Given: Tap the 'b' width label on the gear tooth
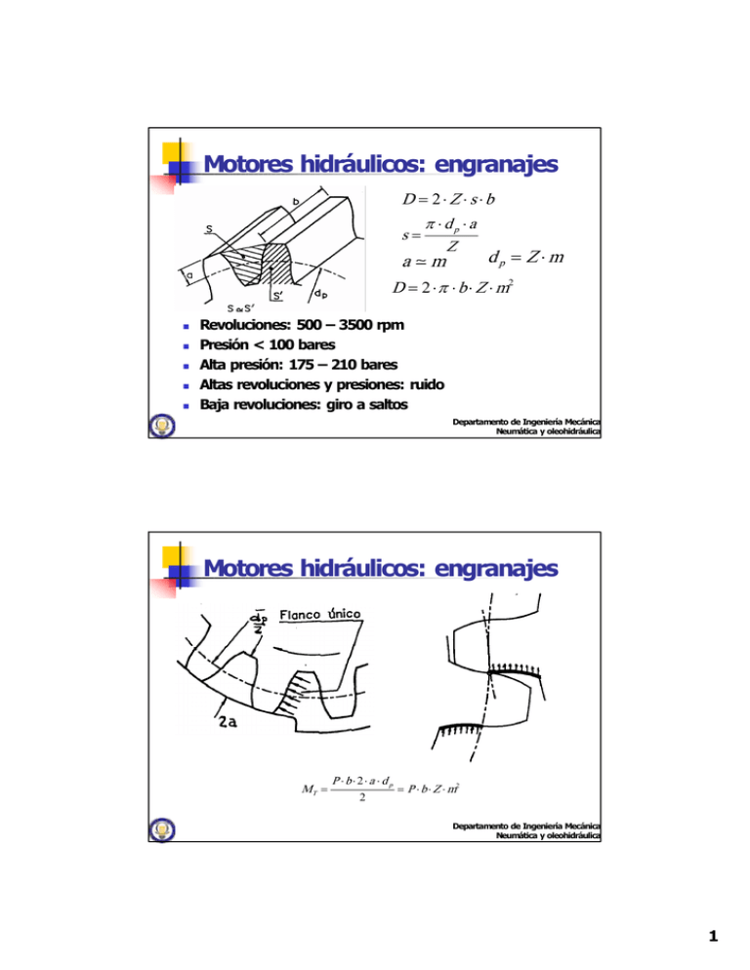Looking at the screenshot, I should click(x=294, y=202).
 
